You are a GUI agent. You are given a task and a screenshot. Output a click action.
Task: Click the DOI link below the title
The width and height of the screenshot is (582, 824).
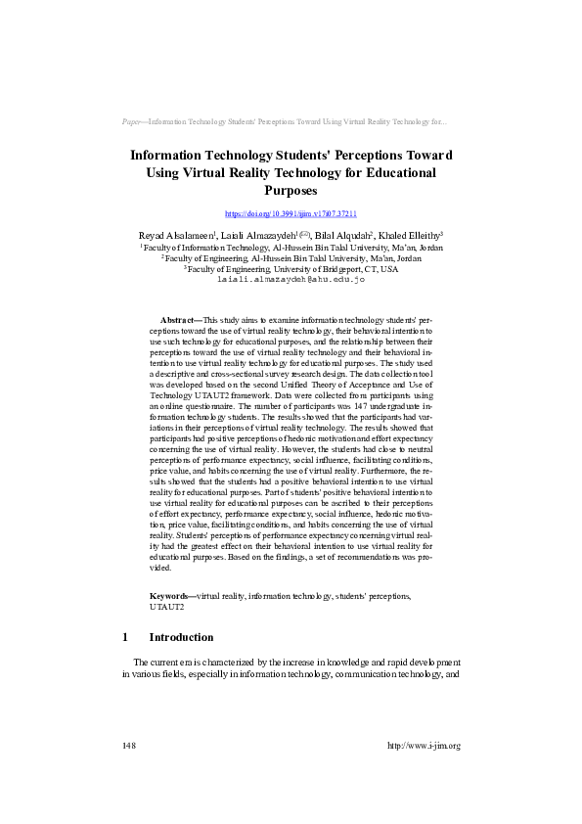[291, 213]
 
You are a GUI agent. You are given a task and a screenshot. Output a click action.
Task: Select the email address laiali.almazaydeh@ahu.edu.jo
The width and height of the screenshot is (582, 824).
[291, 279]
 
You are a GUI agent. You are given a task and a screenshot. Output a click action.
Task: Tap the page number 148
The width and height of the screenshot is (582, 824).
[129, 746]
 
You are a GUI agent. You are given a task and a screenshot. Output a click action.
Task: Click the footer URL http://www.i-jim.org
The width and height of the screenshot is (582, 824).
[424, 746]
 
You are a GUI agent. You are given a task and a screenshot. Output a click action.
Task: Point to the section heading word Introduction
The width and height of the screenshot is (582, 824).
[181, 637]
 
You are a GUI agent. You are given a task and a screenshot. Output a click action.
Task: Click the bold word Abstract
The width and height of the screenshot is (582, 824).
[177, 320]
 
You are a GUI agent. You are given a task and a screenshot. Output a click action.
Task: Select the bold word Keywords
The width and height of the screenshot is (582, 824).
[171, 595]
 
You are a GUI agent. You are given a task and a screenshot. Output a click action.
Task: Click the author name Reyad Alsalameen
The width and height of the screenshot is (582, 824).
[173, 237]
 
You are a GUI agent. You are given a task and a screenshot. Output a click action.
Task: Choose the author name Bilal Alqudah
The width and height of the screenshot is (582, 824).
[344, 237]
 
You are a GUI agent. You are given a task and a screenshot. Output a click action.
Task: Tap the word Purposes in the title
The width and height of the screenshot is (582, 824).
[291, 191]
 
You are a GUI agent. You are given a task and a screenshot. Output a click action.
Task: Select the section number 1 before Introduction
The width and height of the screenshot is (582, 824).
[126, 637]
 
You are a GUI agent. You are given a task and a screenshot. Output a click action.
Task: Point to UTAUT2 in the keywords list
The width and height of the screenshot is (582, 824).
[166, 607]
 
